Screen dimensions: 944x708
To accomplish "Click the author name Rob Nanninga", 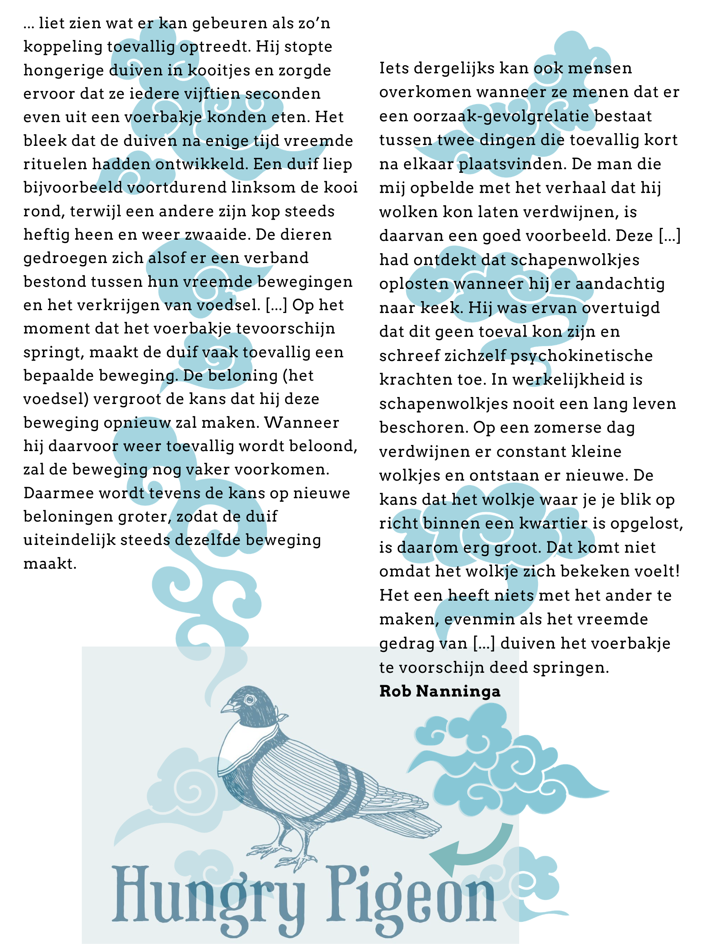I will pos(440,691).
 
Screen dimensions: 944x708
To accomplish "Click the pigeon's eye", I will pos(249,699).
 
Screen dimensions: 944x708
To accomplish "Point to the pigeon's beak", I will pos(228,708).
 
